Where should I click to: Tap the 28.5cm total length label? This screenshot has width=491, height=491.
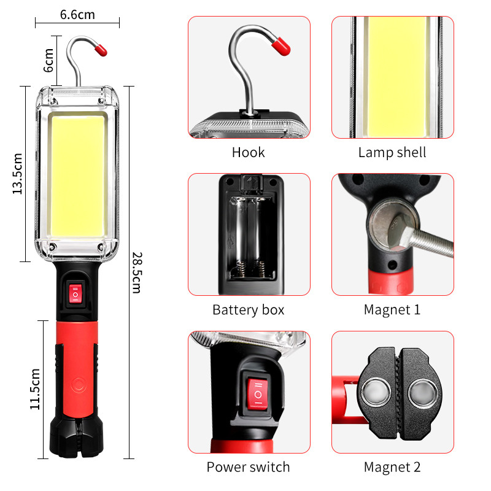136,272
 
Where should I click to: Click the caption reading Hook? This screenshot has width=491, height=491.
248,152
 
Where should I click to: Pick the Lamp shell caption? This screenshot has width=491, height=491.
392,152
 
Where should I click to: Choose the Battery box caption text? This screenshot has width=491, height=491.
248,309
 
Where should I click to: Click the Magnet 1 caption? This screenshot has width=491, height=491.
392,309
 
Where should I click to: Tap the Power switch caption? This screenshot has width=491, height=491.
248,467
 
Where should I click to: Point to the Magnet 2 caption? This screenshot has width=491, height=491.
392,467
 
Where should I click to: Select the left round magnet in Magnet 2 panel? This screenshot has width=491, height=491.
374,392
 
